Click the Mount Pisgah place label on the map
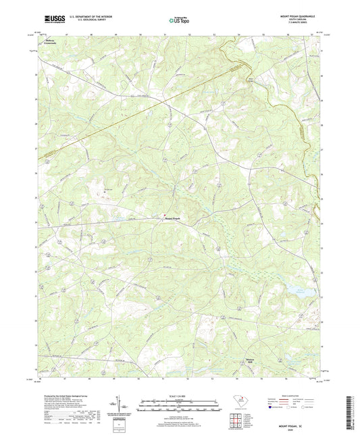pos(174,218)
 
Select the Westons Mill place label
pos(251,360)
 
